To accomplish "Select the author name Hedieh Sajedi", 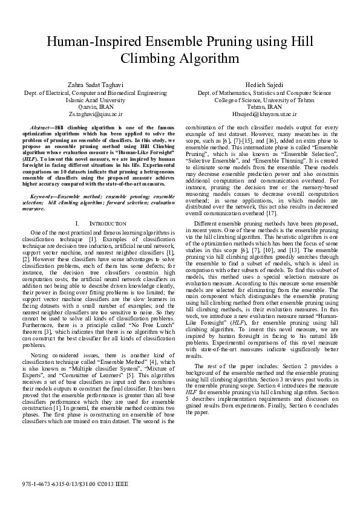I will point(264,85).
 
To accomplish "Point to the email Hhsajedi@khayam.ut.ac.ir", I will point(264,113).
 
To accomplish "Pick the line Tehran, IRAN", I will point(264,106).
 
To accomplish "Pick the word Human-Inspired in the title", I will point(86,42).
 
